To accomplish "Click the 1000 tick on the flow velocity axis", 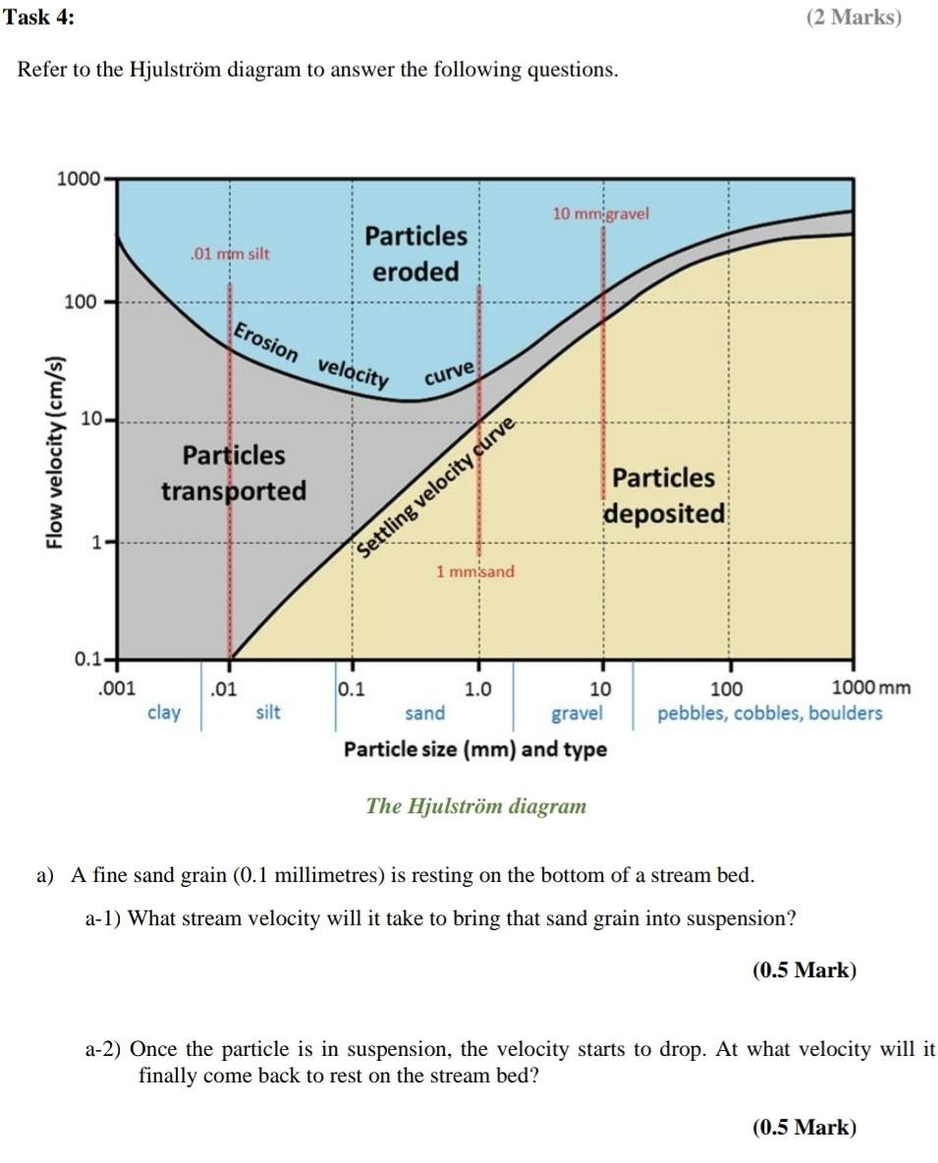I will (x=79, y=179).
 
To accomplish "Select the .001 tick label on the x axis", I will (x=118, y=689).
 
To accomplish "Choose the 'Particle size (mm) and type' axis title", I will (x=474, y=749).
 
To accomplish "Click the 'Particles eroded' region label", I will (x=415, y=253).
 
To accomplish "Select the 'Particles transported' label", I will (x=234, y=472).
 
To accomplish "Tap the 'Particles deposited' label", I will (x=664, y=495).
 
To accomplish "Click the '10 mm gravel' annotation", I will (x=600, y=213).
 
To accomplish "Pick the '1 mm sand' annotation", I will (x=475, y=571).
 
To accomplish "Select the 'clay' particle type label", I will (x=163, y=712).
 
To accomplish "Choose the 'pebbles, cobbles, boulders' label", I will (x=769, y=712).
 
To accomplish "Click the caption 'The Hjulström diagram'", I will (x=475, y=806).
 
